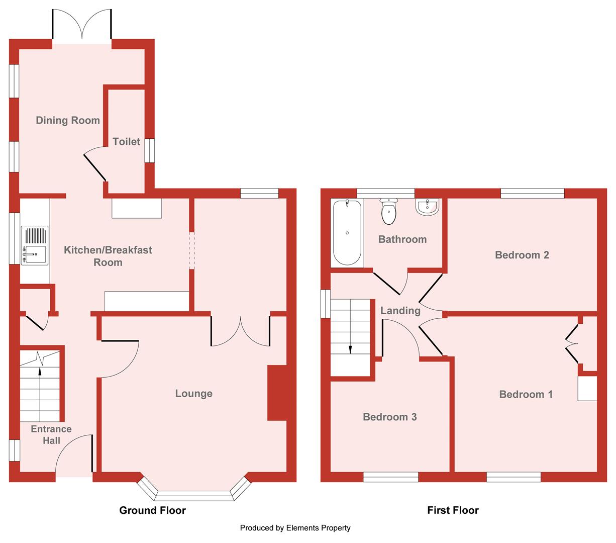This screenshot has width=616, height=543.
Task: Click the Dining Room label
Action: pyautogui.click(x=68, y=120)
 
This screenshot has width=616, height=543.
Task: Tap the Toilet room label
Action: pyautogui.click(x=127, y=141)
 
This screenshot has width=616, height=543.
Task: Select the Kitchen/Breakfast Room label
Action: pyautogui.click(x=108, y=256)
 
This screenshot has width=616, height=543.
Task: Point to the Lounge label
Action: pyautogui.click(x=193, y=393)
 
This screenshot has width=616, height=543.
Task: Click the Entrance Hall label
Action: pyautogui.click(x=51, y=435)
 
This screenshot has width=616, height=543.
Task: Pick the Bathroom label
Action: pyautogui.click(x=402, y=239)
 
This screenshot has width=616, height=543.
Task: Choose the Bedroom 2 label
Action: pyautogui.click(x=522, y=255)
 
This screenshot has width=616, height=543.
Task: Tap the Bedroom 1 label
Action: pyautogui.click(x=526, y=394)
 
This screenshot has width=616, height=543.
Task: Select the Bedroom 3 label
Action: pyautogui.click(x=389, y=417)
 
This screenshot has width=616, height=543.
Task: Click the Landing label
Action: pyautogui.click(x=400, y=311)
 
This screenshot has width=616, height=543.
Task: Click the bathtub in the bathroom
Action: pyautogui.click(x=347, y=233)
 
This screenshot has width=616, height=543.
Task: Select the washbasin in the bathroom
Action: pyautogui.click(x=427, y=207)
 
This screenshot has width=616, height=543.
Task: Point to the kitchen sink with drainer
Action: pyautogui.click(x=35, y=245)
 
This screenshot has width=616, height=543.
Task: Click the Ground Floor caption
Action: pyautogui.click(x=152, y=510)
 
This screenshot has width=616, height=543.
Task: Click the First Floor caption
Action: pyautogui.click(x=453, y=510)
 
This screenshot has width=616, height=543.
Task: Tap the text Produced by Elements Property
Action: pyautogui.click(x=295, y=528)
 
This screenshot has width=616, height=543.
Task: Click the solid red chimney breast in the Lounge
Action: pyautogui.click(x=277, y=393)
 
